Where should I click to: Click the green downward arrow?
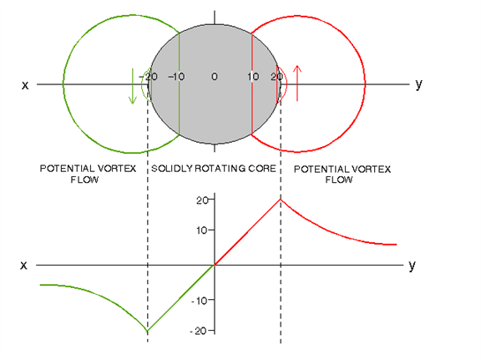click(x=133, y=86)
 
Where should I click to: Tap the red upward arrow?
click(x=297, y=83)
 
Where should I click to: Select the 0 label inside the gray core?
click(x=215, y=76)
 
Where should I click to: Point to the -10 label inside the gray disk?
click(x=176, y=76)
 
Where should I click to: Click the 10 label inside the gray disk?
click(x=253, y=76)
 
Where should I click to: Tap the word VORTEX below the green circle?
click(x=118, y=169)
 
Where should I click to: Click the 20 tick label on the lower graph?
click(x=201, y=200)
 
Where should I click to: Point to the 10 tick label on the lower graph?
click(x=201, y=231)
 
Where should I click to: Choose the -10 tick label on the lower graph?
click(x=199, y=301)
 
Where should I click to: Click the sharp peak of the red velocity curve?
click(x=281, y=200)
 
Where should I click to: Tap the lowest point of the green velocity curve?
click(x=148, y=331)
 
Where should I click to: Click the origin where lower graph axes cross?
click(x=215, y=265)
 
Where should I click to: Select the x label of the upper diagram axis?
click(x=25, y=85)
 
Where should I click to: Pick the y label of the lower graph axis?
click(x=412, y=266)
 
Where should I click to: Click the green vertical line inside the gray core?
click(x=180, y=84)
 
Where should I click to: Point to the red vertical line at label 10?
click(x=251, y=84)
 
